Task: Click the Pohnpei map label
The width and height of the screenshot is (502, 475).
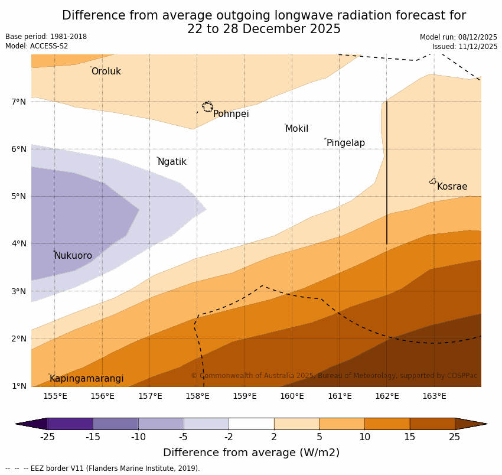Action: click(x=231, y=114)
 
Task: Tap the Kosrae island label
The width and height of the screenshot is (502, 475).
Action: click(x=452, y=187)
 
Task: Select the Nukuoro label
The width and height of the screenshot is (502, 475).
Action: click(x=73, y=256)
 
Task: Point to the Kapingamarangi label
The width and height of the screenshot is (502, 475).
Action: click(x=87, y=379)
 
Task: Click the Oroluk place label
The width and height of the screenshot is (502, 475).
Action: click(x=106, y=71)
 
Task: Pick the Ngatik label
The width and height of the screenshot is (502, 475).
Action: click(x=172, y=162)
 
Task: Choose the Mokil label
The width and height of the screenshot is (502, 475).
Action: click(x=296, y=129)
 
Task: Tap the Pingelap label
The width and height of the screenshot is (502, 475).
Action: click(x=345, y=143)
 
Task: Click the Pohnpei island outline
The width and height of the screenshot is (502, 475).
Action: click(x=207, y=107)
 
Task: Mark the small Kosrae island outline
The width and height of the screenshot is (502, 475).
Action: click(x=433, y=181)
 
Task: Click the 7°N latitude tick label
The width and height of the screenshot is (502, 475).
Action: click(x=18, y=102)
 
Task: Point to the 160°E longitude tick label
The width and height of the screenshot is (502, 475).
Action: click(x=292, y=396)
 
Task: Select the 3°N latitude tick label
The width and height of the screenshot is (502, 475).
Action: click(x=18, y=291)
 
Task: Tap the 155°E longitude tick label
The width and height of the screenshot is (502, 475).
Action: click(x=55, y=396)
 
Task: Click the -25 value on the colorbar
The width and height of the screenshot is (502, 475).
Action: click(x=47, y=437)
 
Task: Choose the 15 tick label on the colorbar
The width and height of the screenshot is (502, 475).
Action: click(x=410, y=437)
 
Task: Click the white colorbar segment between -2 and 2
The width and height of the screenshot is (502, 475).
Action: click(x=251, y=424)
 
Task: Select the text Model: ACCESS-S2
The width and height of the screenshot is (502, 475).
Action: click(x=37, y=46)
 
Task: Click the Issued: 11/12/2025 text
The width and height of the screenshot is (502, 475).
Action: click(x=464, y=47)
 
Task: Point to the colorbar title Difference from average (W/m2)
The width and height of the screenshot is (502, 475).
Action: click(x=251, y=453)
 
